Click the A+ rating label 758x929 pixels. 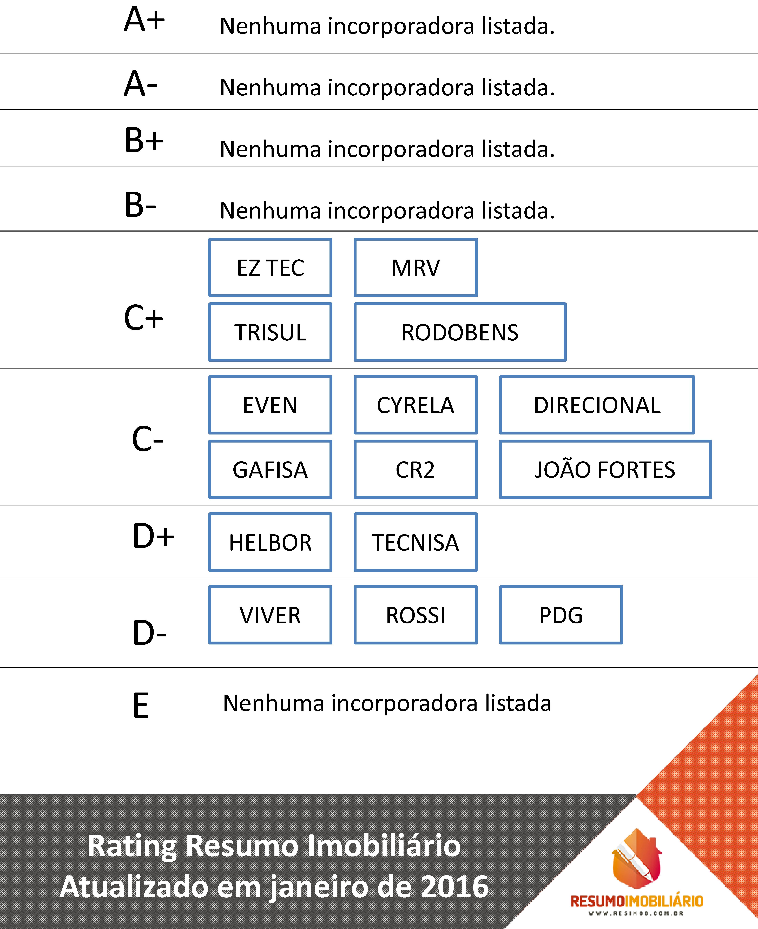144,20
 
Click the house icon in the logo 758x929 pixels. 637,859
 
